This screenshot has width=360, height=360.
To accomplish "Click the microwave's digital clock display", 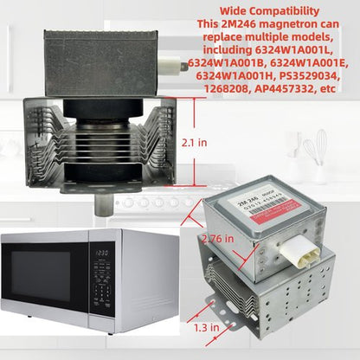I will coord(101,252).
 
